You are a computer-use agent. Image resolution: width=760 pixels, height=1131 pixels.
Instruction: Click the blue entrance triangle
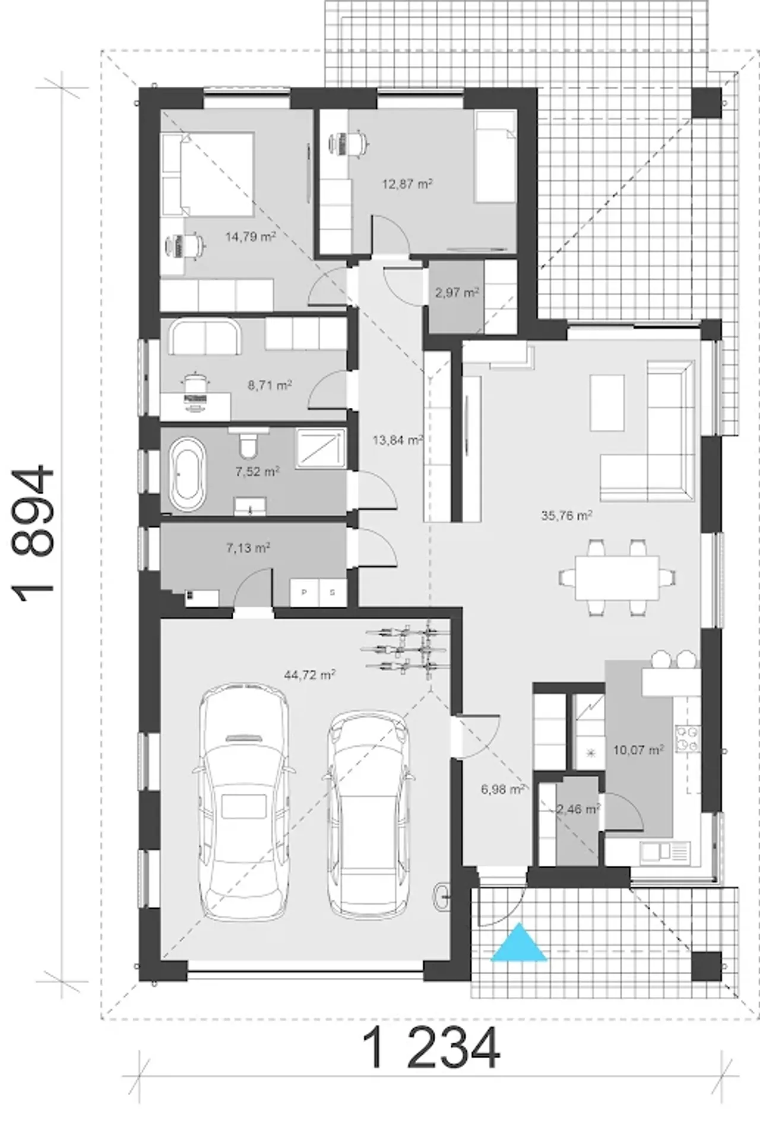(518, 943)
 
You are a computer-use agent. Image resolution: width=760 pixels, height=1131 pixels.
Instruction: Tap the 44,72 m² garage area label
(310, 675)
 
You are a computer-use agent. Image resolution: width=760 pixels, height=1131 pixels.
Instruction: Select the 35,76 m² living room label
(566, 515)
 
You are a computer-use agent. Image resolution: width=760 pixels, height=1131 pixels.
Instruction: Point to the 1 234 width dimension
(431, 1050)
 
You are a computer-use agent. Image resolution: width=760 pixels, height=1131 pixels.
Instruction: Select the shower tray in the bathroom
(321, 449)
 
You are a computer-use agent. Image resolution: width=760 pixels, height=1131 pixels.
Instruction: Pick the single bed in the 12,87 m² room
(495, 159)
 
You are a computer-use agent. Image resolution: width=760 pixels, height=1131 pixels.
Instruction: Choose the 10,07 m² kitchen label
(638, 750)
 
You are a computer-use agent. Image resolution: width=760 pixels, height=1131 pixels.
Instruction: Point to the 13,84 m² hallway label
(397, 440)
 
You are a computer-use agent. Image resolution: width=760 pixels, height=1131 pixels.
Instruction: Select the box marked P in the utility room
(305, 592)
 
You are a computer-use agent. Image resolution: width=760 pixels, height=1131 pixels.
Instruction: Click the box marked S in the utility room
(333, 592)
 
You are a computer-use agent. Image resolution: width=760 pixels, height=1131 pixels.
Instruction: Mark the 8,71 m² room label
(270, 385)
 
